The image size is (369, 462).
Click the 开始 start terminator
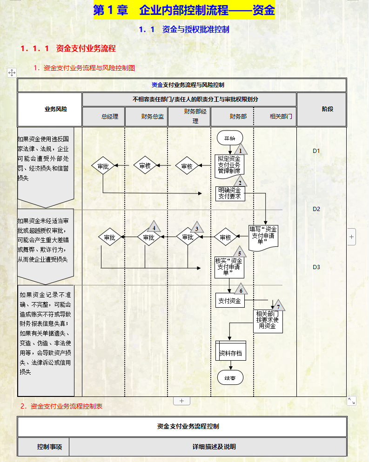(229, 138)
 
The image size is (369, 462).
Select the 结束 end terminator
(230, 378)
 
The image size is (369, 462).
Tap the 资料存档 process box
(230, 353)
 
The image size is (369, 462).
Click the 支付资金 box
(230, 300)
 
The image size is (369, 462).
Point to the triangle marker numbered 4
(154, 227)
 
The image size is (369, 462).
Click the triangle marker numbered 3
(197, 228)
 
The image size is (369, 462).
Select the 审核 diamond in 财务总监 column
(145, 166)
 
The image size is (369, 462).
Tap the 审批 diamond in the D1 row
(103, 166)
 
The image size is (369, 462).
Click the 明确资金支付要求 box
(230, 193)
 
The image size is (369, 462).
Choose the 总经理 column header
(103, 117)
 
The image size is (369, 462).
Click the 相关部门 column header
(275, 117)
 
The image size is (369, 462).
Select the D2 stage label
(316, 209)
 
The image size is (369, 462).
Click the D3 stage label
(316, 267)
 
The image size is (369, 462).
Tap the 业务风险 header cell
(50, 109)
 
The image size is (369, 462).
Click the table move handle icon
(12, 72)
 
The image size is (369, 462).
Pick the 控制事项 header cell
(43, 447)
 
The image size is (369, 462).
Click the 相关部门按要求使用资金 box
(269, 320)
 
